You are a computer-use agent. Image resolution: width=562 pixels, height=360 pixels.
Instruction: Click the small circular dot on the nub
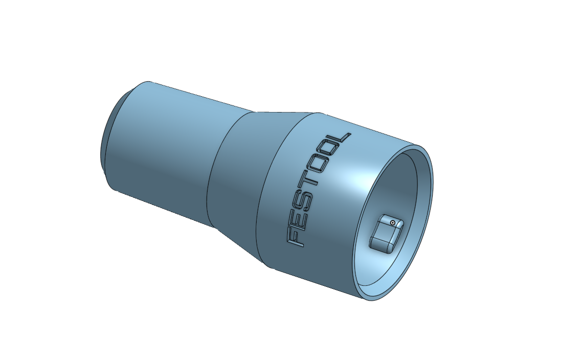click(392, 222)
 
